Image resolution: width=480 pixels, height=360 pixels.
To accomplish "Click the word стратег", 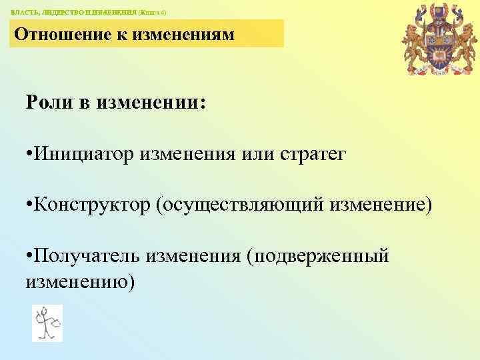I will [x=311, y=155].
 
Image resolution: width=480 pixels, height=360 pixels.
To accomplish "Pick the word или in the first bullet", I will [x=255, y=155].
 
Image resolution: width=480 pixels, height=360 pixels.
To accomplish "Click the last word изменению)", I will [x=80, y=281].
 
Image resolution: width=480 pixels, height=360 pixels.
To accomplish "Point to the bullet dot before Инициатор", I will [x=29, y=155].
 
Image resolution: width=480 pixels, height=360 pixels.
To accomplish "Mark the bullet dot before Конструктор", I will [x=29, y=206].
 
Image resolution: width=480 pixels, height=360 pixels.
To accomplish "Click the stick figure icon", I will [x=47, y=323].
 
